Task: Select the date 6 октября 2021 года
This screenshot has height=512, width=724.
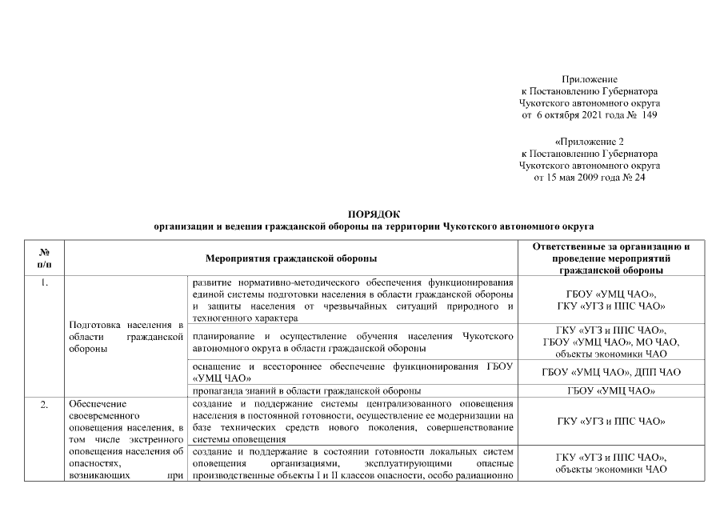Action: coord(575,115)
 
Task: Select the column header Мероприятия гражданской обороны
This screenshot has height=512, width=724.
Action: coord(291,258)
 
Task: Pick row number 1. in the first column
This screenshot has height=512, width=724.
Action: coord(45,284)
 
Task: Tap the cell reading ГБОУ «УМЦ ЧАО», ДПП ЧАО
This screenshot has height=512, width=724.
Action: coord(610,372)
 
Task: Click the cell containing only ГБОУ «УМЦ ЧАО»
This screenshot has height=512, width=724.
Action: coord(610,391)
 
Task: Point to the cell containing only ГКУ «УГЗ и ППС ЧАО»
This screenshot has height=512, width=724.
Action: coord(610,422)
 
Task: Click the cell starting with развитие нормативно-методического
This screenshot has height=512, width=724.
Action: coord(352,300)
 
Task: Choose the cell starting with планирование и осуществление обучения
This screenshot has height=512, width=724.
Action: coord(352,342)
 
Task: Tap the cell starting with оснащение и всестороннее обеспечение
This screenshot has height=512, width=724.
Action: coord(352,372)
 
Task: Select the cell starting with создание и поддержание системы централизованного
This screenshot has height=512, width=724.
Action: coord(352,422)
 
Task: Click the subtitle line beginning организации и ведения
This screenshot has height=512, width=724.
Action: coord(374,227)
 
